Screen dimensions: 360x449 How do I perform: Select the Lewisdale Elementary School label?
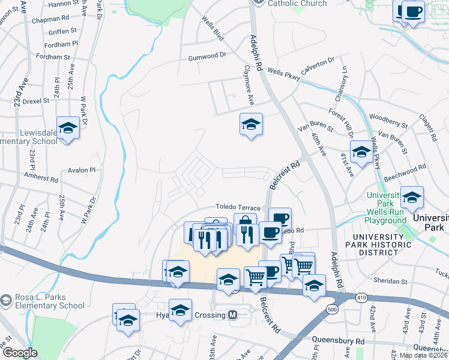click(x=29, y=136)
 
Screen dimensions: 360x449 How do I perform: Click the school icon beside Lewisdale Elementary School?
click(x=68, y=128)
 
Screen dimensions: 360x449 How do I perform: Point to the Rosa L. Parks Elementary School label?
click(x=42, y=301)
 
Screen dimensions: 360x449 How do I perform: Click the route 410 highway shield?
click(x=359, y=298)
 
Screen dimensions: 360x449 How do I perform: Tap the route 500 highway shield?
click(x=332, y=309)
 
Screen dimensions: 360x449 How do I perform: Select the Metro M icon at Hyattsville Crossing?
click(x=232, y=315)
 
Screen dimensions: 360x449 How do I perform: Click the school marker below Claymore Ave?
click(x=251, y=124)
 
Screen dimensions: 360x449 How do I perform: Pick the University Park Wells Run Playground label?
click(x=385, y=208)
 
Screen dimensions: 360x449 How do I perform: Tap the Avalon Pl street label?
click(x=82, y=170)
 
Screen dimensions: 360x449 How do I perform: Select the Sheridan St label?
click(x=391, y=281)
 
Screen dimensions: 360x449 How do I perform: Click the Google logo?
click(x=19, y=353)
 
